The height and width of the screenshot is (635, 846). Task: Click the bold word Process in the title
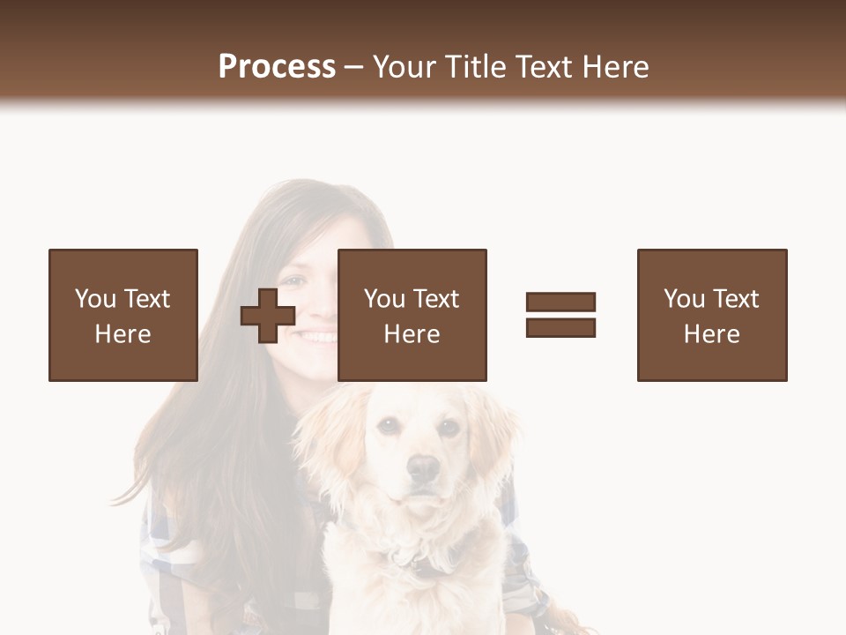pos(277,67)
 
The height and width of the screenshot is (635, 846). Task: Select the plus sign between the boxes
pos(268,315)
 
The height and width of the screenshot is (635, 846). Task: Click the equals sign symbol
pos(560,315)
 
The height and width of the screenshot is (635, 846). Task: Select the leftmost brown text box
pos(123,315)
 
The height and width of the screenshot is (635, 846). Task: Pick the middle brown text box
pos(412,315)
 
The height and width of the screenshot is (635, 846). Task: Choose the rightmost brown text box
pos(712,315)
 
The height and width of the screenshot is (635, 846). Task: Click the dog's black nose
pos(424,467)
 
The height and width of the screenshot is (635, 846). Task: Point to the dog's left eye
pos(388,427)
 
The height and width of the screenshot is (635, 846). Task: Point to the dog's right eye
pos(449,429)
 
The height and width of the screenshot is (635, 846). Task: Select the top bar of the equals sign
pos(560,303)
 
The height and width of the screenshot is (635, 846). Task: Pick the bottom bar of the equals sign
pos(560,328)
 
